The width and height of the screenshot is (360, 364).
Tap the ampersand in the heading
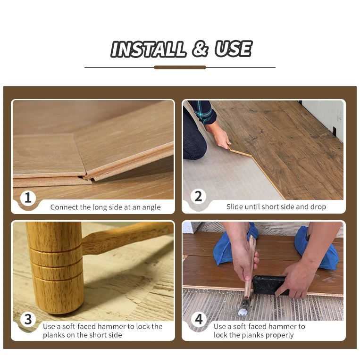[200, 50]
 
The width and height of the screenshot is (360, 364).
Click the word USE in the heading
[233, 50]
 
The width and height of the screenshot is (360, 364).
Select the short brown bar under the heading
[180, 67]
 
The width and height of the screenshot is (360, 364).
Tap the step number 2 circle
[198, 197]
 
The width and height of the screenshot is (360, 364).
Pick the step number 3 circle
[28, 319]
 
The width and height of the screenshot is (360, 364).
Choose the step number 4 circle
[199, 319]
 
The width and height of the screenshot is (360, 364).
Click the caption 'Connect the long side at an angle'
[105, 207]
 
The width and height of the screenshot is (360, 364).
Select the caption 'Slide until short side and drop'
[276, 207]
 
